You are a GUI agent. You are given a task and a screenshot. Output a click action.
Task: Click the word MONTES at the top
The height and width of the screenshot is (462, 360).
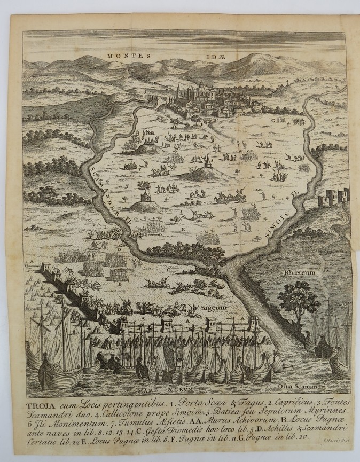point(123,55)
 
